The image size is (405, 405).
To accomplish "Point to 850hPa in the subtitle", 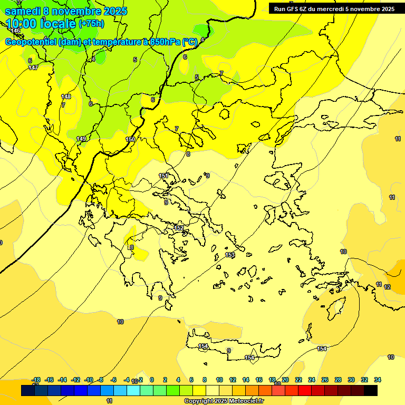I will point(161,42).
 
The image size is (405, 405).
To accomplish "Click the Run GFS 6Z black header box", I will point(334,8).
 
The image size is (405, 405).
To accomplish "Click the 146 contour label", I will point(15,31).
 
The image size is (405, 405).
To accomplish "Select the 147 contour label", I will point(33,67).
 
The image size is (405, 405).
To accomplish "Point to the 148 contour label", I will point(66,97).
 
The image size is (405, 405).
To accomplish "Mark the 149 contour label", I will point(81,139).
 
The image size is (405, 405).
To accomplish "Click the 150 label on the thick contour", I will point(130,139).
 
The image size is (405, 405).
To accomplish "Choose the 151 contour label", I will point(163,176).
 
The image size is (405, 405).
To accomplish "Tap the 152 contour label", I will point(179,228).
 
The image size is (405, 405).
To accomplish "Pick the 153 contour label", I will point(230,255).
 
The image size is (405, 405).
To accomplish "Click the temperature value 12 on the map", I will point(387,287).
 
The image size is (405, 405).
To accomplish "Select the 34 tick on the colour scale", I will point(378,380).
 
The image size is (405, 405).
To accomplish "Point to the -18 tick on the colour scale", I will point(36,380).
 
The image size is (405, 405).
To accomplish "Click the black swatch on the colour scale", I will point(370,391).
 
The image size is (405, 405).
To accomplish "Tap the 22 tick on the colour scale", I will point(298,380).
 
